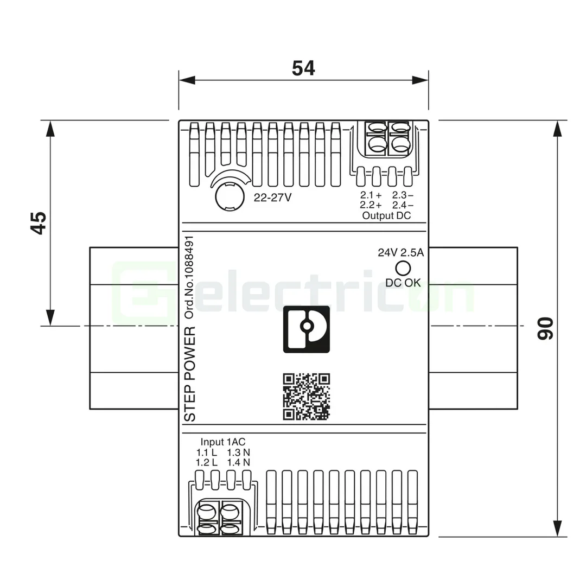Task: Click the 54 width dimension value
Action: [303, 68]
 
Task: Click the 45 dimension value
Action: [38, 222]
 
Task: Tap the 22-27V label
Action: [273, 198]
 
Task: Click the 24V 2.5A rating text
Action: [400, 252]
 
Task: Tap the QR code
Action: [307, 397]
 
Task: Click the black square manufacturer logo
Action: [307, 329]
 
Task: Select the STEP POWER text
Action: [190, 374]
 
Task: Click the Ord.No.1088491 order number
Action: [189, 277]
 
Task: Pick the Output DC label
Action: [386, 215]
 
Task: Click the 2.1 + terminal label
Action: [371, 195]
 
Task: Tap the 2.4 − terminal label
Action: [403, 205]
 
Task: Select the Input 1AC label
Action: [223, 442]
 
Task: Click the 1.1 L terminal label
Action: [207, 452]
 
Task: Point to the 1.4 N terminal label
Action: [239, 462]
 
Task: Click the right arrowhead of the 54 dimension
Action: [421, 80]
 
